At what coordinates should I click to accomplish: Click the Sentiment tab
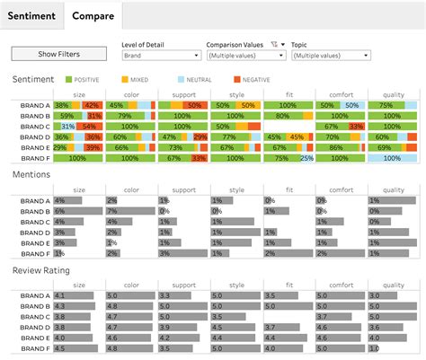pos(31,15)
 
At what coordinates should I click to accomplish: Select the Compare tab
pos(93,15)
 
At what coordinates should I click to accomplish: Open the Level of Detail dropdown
pos(160,56)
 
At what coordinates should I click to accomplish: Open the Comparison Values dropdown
pos(245,56)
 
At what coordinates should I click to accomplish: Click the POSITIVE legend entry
pos(84,80)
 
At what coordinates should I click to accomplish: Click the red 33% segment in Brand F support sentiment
pos(199,158)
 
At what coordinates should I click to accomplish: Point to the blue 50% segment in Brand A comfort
pos(352,105)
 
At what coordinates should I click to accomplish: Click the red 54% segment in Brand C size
pos(89,127)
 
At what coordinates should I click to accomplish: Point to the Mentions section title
pos(31,175)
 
